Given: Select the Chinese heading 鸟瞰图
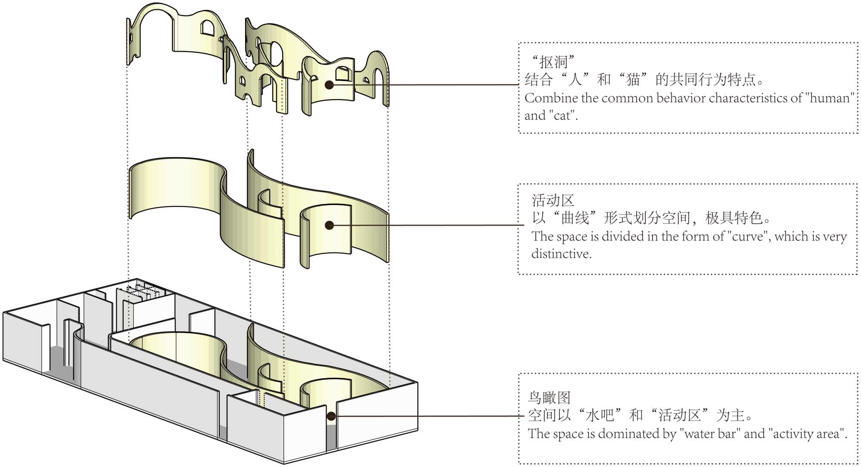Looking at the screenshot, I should click(549, 397).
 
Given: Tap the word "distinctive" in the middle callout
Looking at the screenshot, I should click(561, 254).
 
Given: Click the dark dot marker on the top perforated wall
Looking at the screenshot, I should click(329, 84).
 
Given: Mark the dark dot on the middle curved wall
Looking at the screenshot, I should click(329, 225).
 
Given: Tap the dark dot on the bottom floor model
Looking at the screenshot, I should click(331, 416).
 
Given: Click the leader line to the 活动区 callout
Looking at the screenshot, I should click(431, 225).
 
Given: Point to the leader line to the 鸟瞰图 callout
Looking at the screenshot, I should click(431, 416).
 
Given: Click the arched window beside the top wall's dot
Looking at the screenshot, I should click(343, 74).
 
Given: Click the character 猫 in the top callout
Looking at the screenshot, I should click(633, 79).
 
